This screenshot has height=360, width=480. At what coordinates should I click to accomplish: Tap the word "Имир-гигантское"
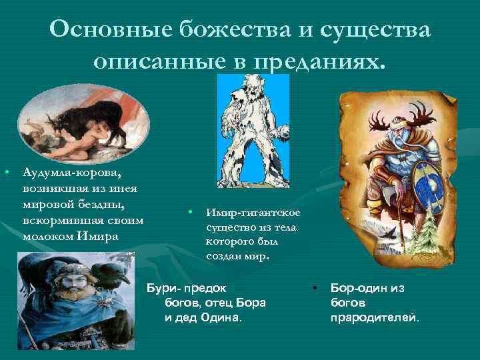point(253,212)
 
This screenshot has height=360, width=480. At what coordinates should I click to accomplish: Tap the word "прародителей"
point(375,317)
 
